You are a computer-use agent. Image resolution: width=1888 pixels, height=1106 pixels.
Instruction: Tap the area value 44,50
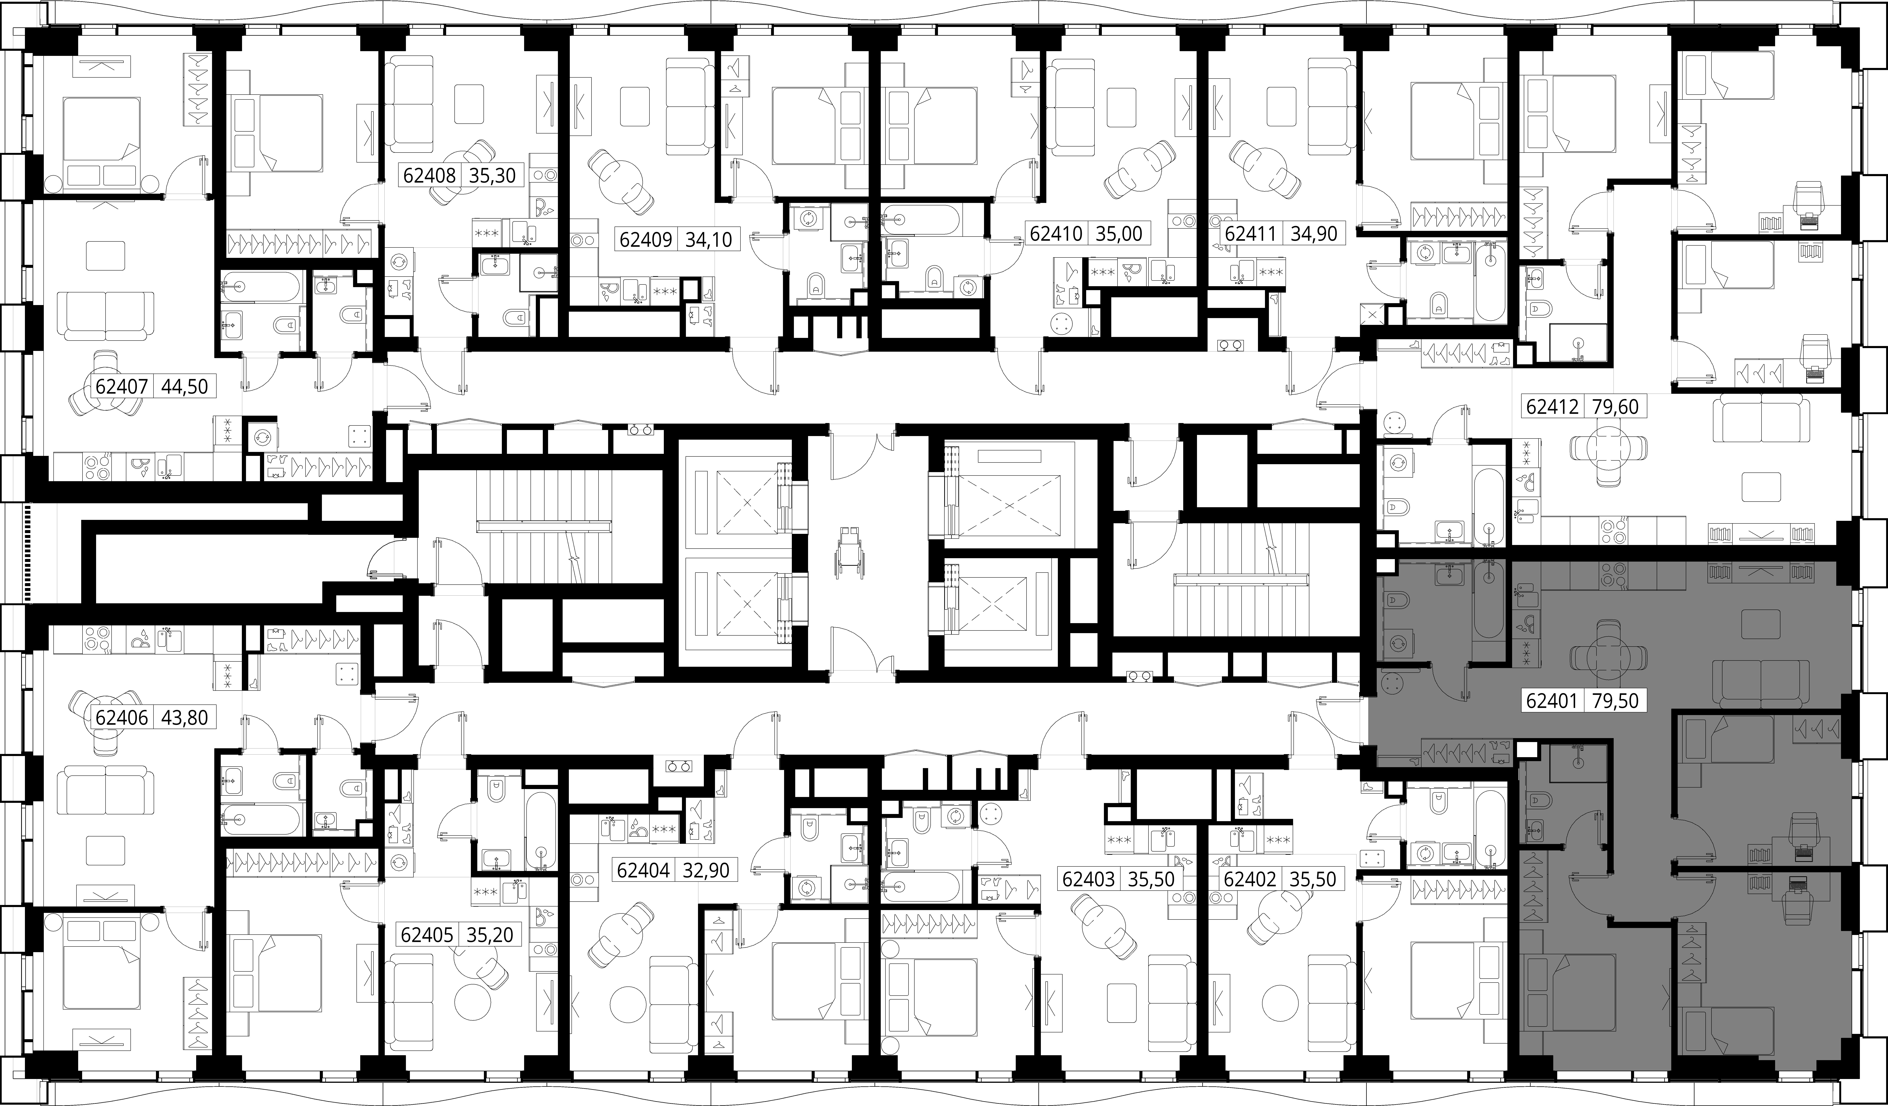coord(184,387)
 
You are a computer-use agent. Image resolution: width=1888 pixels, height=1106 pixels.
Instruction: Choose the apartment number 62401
coord(1552,701)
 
